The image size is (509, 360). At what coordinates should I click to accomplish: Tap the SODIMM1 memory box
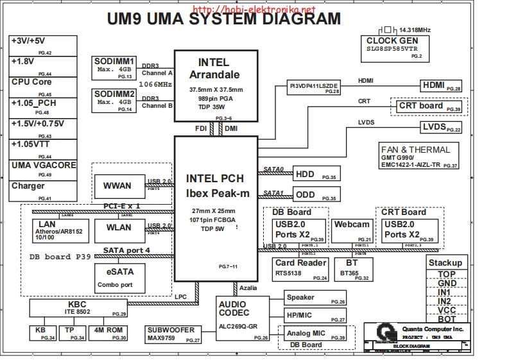[114, 67]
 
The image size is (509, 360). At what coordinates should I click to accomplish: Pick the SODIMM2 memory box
[114, 101]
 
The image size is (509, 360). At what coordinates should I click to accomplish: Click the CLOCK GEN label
[392, 42]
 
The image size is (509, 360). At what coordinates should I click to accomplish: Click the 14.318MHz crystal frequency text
[415, 30]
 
